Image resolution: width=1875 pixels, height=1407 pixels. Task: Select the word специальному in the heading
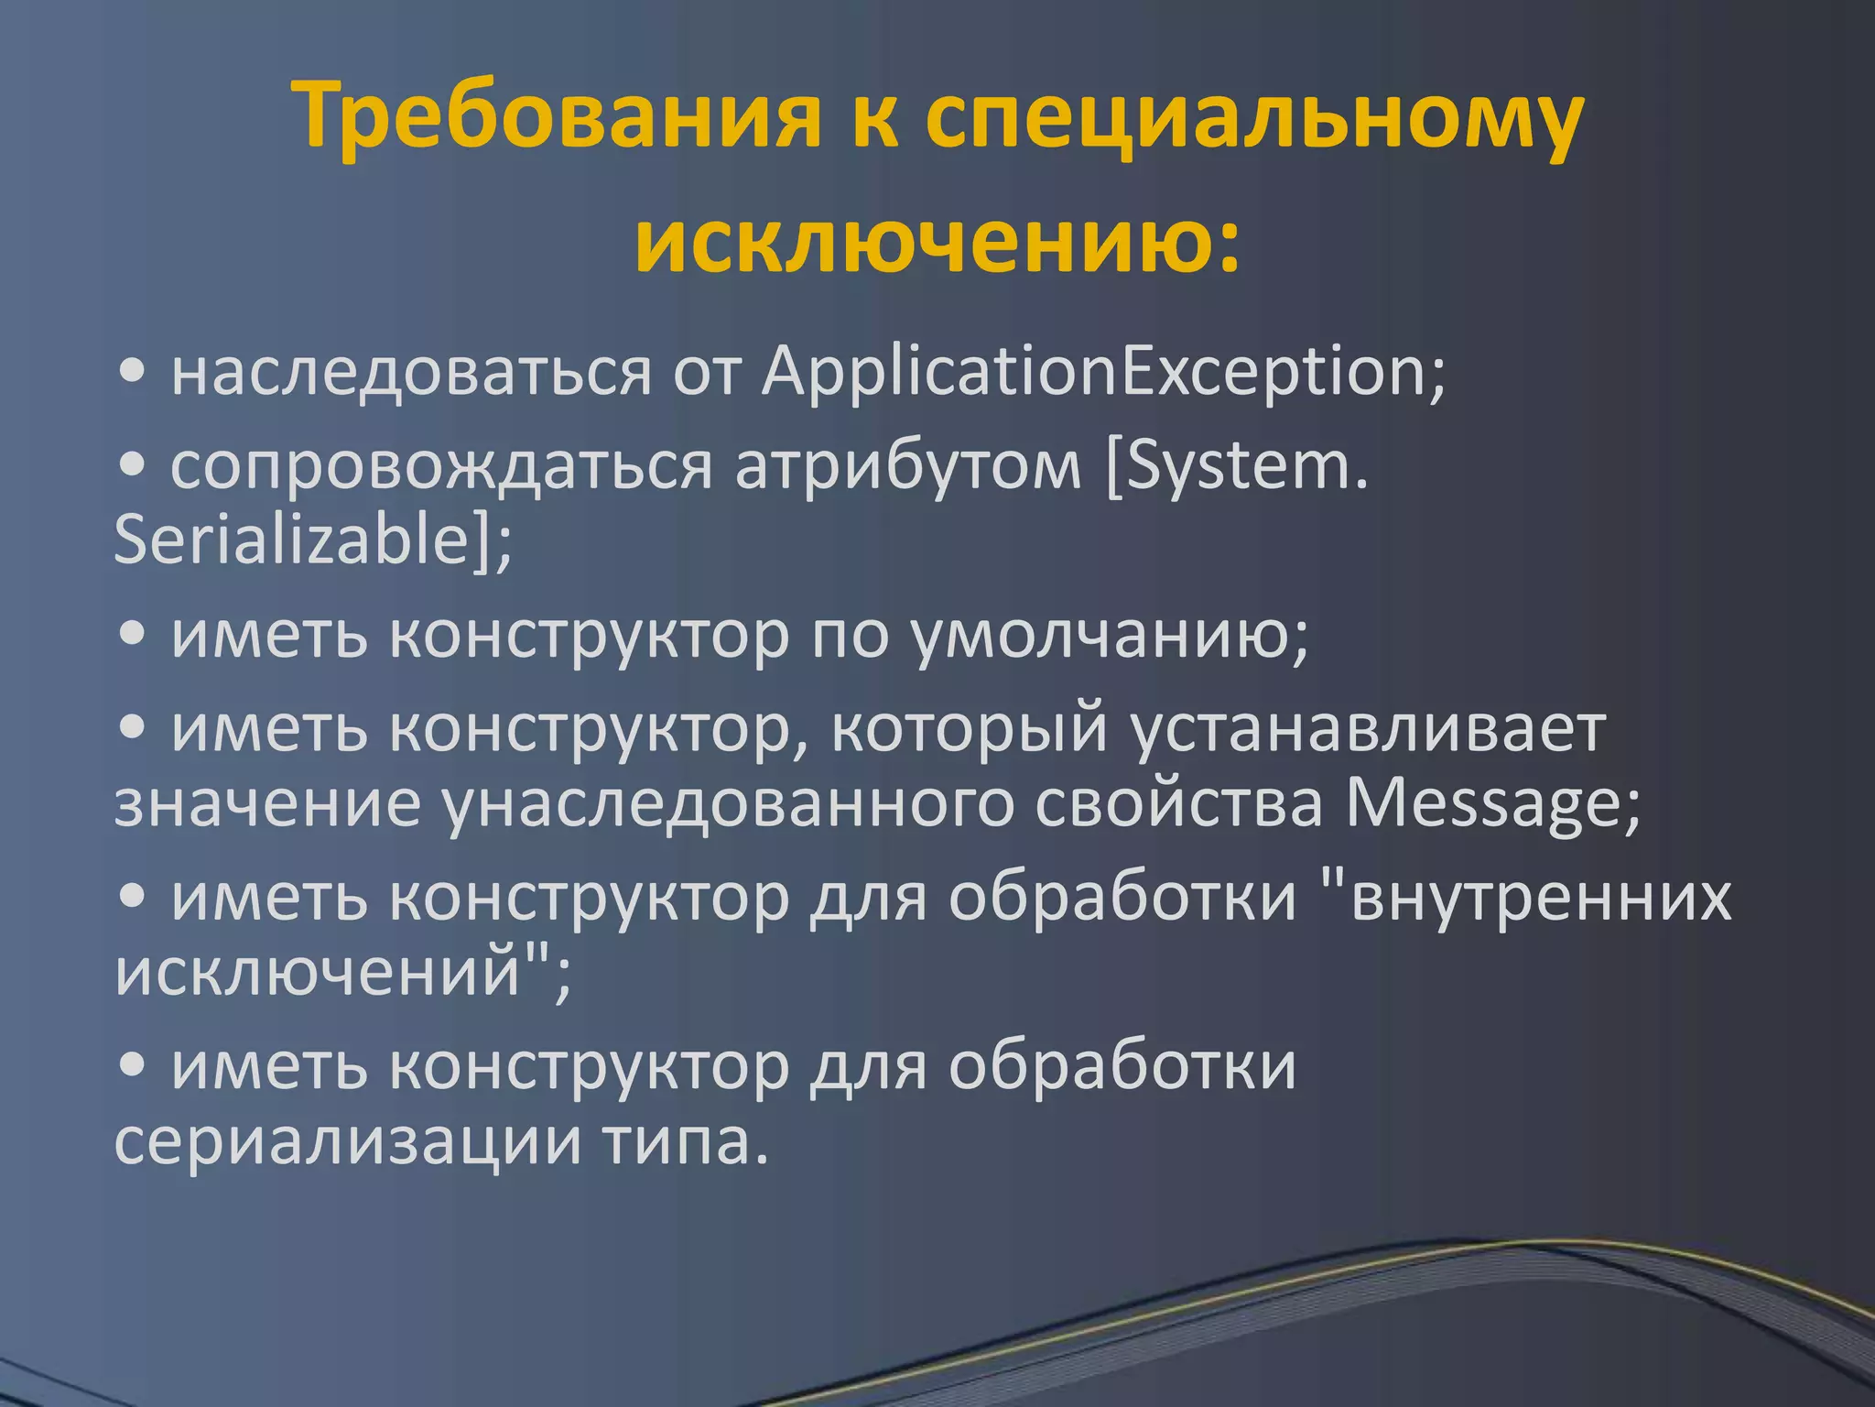[1253, 116]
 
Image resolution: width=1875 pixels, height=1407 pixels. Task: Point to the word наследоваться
[411, 373]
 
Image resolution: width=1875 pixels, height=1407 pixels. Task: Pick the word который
[970, 730]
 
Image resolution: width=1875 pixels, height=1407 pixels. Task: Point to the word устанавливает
[1369, 730]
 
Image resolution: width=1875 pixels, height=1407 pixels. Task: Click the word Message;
[1493, 804]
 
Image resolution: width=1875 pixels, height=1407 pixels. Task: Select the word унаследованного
[728, 804]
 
